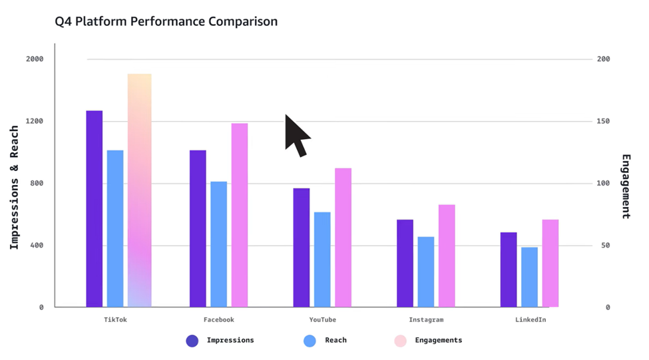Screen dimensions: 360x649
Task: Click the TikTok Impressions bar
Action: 95,209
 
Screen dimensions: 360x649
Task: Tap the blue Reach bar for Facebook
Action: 219,244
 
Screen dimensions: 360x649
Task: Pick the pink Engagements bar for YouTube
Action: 343,238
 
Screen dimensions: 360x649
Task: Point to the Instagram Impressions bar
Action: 405,264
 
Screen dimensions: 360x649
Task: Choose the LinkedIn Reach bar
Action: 529,277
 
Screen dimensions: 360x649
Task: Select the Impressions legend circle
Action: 192,341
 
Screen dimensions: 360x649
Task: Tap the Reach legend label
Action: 335,340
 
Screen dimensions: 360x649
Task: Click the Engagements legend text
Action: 438,340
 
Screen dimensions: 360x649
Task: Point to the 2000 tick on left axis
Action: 35,59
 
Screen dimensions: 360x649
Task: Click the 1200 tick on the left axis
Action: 35,121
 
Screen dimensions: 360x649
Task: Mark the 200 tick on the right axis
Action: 603,59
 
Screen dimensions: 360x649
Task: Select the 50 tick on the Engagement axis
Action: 605,246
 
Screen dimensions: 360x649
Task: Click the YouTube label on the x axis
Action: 322,320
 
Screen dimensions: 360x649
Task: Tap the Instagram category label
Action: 426,320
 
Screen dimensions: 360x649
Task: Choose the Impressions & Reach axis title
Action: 14,188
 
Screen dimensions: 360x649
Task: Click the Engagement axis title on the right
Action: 626,186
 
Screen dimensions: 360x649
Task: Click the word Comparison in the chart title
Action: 243,22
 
